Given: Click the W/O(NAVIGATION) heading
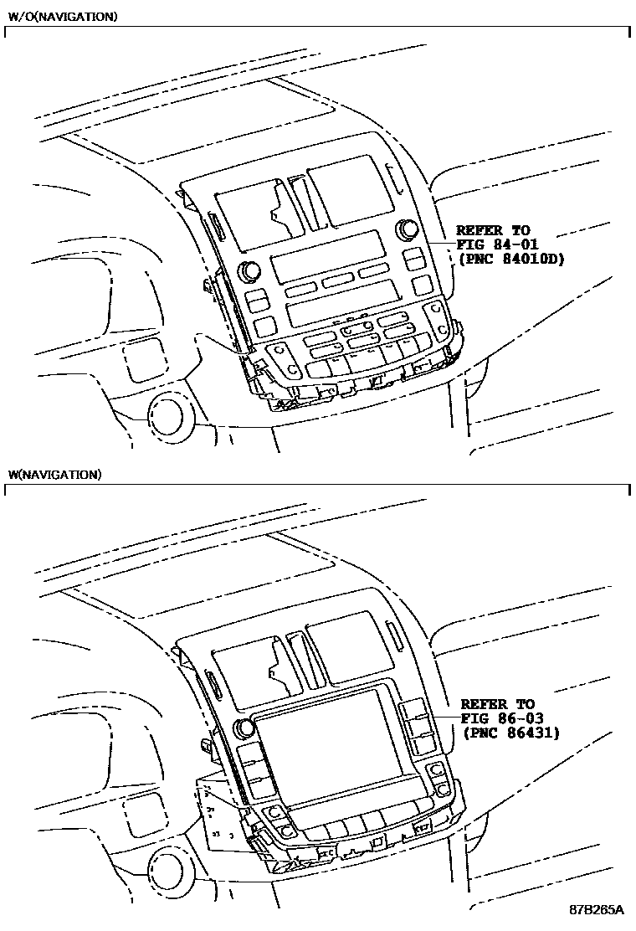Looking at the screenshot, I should pos(62,16).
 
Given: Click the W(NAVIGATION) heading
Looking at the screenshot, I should pos(54,475).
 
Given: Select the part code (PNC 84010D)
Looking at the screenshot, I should pos(510,260).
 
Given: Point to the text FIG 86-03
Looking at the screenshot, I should pos(499,718).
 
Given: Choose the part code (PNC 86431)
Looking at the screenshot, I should pos(510,733).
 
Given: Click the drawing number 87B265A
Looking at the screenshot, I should pos(597,909).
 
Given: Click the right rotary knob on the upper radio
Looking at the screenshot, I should pos(409,229).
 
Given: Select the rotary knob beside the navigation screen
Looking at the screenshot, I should pos(245,728).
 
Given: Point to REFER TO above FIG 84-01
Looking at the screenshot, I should pos(493,230).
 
